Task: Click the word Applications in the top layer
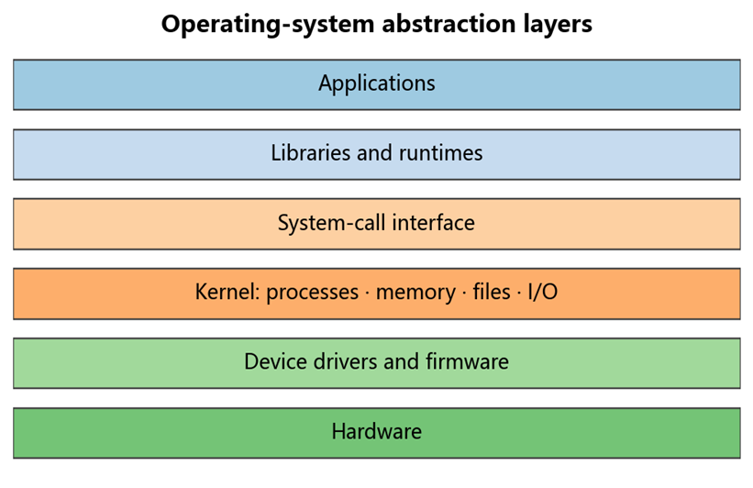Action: coord(377,83)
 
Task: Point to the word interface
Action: coord(434,222)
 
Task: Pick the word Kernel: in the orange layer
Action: coord(227,292)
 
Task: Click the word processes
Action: coord(312,293)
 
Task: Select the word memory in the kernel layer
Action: coord(415,293)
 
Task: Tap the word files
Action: coord(492,292)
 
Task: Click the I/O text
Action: coord(543,292)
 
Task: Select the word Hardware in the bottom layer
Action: coord(377,431)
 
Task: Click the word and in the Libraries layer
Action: coord(374,153)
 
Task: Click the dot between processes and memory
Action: coord(368,293)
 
